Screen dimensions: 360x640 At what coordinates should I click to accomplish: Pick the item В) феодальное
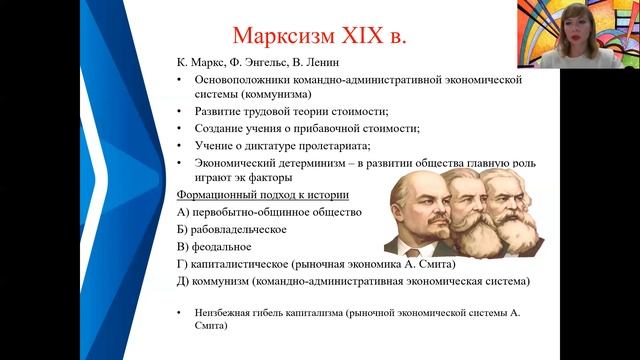[x=213, y=246]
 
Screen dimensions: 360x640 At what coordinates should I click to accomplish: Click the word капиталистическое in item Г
[x=242, y=264]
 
